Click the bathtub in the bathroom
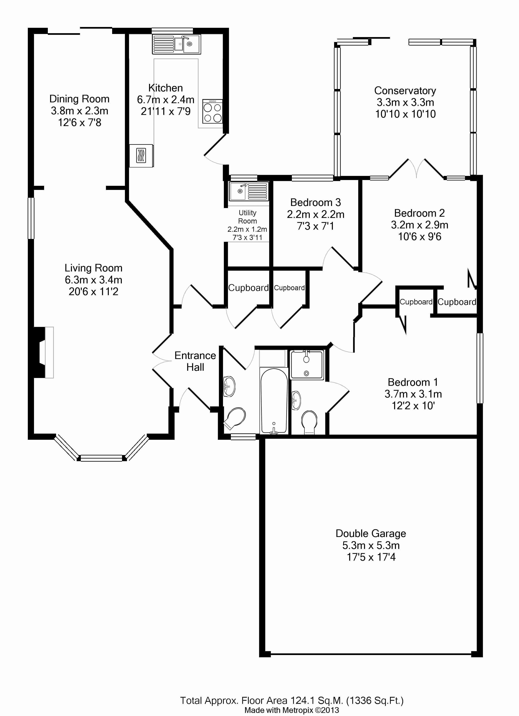coord(274,400)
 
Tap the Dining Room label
coord(79,99)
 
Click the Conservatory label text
coord(405,91)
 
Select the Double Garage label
coord(371,533)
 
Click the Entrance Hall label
coord(195,361)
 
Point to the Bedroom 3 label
coord(316,202)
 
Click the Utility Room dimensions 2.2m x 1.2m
coord(247,229)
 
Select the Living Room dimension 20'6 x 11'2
coord(94,291)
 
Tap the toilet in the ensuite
coord(309,422)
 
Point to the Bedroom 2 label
coord(419,213)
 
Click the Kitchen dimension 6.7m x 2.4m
coord(166,100)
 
